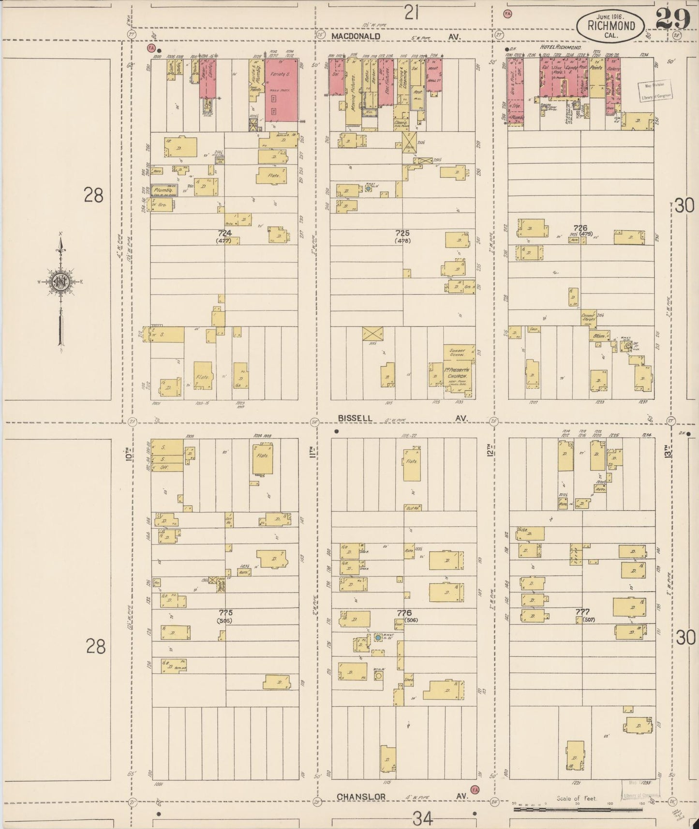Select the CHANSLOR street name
[x=357, y=796]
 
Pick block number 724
[x=225, y=233]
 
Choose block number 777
[x=582, y=612]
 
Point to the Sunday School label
[x=457, y=352]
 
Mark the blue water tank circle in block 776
[x=377, y=638]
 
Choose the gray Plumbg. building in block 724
[x=164, y=191]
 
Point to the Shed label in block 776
[x=401, y=680]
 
